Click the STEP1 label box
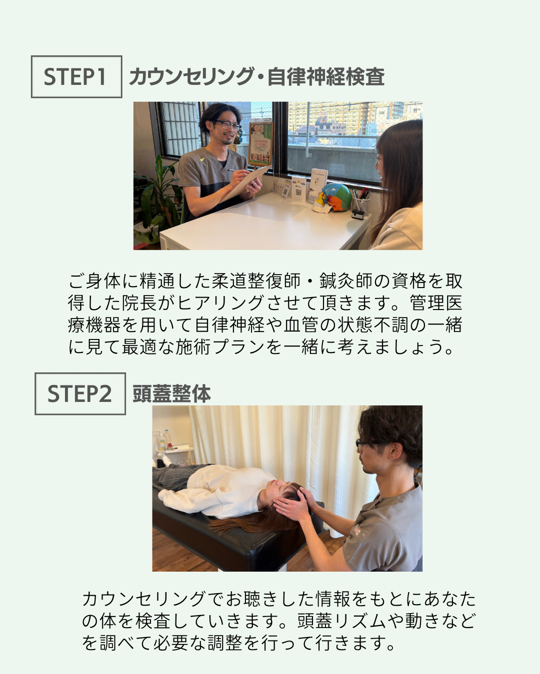tap(76, 77)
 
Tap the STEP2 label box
tap(80, 394)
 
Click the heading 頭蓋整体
tap(171, 394)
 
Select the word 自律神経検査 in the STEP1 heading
tap(326, 77)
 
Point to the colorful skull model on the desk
tap(335, 197)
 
